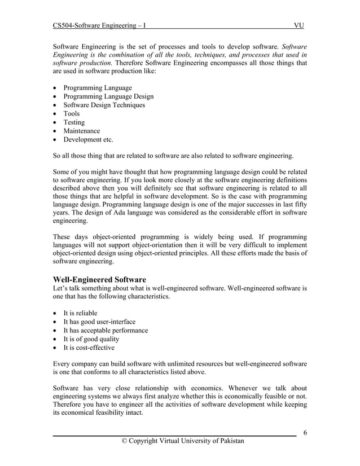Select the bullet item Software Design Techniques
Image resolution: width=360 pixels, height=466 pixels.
[x=104, y=105]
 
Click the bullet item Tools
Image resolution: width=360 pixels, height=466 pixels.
[x=72, y=113]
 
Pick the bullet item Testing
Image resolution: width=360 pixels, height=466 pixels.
[x=74, y=122]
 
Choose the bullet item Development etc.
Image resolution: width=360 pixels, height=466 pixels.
[x=88, y=139]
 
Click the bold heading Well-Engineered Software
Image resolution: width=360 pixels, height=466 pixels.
[x=99, y=279]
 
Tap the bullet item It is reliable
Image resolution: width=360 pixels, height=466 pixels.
[x=80, y=313]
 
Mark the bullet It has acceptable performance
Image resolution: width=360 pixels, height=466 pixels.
[x=106, y=330]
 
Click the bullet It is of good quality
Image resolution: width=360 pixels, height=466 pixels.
[x=91, y=339]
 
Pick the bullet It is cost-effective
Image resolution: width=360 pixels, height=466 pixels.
[x=89, y=348]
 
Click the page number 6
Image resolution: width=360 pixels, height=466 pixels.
[x=305, y=433]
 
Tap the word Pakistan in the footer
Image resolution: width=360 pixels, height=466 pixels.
[x=230, y=441]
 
